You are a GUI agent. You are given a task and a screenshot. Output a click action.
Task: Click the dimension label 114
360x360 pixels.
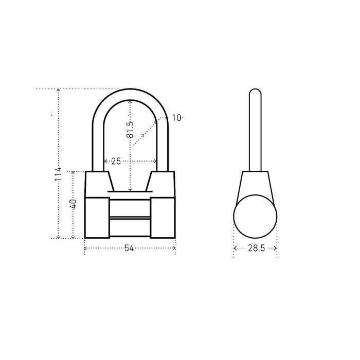pyautogui.click(x=58, y=174)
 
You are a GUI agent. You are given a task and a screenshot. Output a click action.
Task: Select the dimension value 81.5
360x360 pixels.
pyautogui.click(x=130, y=130)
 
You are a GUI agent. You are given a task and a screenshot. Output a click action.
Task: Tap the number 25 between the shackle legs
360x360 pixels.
pyautogui.click(x=116, y=161)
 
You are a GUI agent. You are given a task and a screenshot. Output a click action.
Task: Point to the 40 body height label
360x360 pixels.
pyautogui.click(x=74, y=204)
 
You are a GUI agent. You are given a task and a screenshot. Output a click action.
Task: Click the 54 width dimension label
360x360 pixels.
pyautogui.click(x=129, y=248)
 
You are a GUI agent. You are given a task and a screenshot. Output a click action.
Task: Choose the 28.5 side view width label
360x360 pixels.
pyautogui.click(x=257, y=248)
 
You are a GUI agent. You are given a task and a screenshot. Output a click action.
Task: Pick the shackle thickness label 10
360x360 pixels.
pyautogui.click(x=176, y=118)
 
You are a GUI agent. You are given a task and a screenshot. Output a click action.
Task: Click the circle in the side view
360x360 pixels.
pyautogui.click(x=255, y=217)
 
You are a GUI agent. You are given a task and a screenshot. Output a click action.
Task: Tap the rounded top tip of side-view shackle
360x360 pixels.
pyautogui.click(x=255, y=89)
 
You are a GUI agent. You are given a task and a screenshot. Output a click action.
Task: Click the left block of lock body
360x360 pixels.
pyautogui.click(x=97, y=218)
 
